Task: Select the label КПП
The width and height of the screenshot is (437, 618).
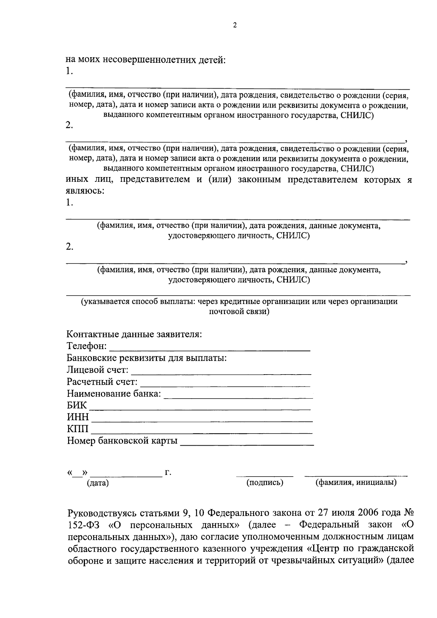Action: click(78, 429)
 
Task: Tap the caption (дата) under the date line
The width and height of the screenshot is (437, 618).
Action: click(98, 484)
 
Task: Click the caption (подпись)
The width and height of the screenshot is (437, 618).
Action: click(265, 483)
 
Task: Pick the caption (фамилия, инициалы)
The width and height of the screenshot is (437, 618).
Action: click(356, 483)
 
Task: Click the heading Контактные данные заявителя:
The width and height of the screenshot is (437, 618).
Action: click(134, 335)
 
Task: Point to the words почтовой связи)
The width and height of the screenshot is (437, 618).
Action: click(239, 312)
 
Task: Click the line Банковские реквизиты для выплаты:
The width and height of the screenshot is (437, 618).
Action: click(147, 358)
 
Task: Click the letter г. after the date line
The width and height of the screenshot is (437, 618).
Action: click(168, 473)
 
